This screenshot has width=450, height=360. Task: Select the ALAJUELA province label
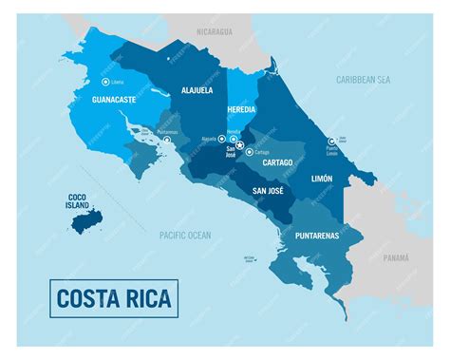click(x=197, y=91)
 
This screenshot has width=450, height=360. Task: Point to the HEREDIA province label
click(x=241, y=109)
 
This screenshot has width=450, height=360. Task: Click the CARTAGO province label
click(x=277, y=162)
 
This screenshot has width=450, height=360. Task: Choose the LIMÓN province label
click(x=321, y=178)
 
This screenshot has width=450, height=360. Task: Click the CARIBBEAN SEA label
click(x=363, y=80)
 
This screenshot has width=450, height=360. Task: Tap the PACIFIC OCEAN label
click(x=185, y=234)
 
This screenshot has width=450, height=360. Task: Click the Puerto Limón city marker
click(x=332, y=141)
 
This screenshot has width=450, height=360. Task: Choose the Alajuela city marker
click(x=222, y=139)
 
